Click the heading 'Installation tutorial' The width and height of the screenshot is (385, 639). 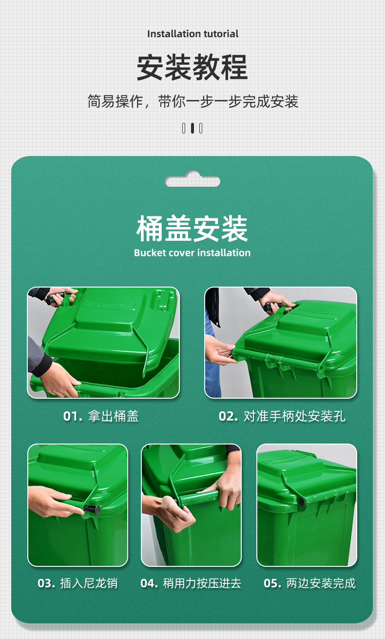(x=193, y=34)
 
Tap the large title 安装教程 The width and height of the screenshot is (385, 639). (x=192, y=67)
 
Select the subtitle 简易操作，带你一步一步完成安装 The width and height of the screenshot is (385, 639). (x=192, y=101)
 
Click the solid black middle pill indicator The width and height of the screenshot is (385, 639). (x=192, y=128)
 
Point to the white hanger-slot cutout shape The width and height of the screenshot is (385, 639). (x=192, y=179)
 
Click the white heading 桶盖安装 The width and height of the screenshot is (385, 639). (x=192, y=229)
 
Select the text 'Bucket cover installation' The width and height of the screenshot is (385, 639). (x=192, y=253)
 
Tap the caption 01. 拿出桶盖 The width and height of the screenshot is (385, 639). (x=101, y=416)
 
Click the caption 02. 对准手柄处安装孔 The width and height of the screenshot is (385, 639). (x=282, y=416)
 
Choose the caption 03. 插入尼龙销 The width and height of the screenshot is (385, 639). (x=77, y=583)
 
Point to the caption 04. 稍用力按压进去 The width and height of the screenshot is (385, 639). (x=191, y=583)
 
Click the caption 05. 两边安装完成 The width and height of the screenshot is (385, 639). (x=310, y=583)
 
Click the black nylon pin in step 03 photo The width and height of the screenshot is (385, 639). (x=92, y=509)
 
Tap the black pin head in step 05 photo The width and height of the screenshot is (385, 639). (x=302, y=501)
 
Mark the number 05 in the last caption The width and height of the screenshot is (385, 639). (x=270, y=583)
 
